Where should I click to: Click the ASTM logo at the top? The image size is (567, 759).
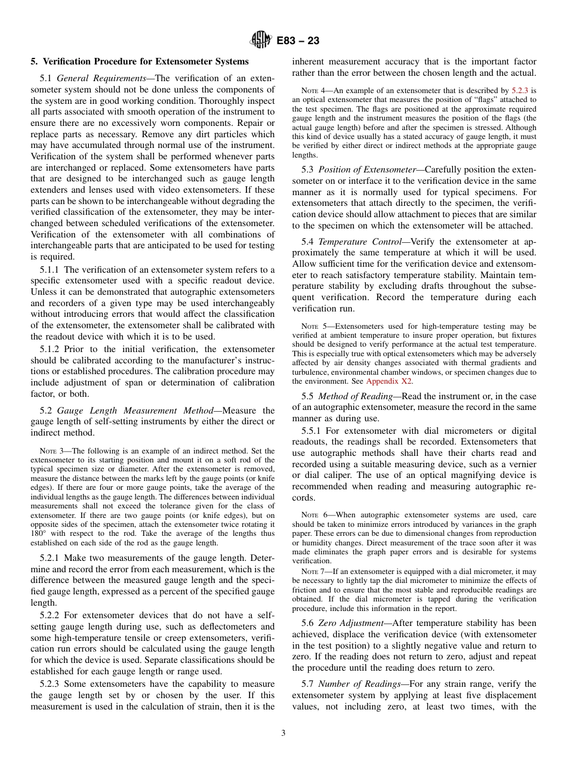coord(261,41)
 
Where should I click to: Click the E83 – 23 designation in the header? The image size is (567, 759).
coord(298,41)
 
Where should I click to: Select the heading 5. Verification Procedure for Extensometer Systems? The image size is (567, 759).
coord(140,61)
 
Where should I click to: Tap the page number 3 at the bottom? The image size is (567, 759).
coord(283,733)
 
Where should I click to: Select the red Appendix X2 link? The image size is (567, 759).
coord(389,381)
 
